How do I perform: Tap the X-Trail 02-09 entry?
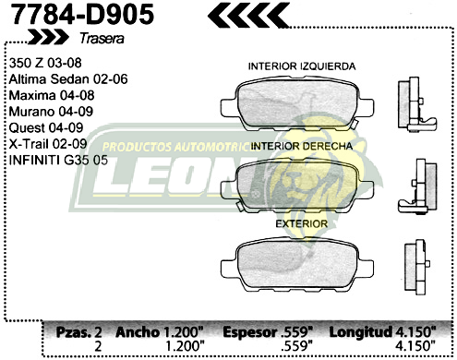48,144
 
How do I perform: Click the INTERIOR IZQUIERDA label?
302,67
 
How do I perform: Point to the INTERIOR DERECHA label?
300,146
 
